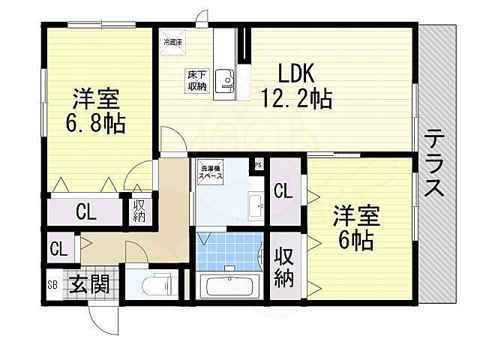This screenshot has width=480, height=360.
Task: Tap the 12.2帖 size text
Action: click(x=295, y=97)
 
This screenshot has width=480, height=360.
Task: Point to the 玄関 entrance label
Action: click(x=91, y=285)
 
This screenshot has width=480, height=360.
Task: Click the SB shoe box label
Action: click(x=52, y=285)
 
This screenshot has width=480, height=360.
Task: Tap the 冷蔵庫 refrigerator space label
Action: click(x=173, y=42)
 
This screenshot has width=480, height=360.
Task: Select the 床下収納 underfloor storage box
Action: click(x=196, y=81)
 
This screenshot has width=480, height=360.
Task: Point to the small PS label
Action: click(x=259, y=164)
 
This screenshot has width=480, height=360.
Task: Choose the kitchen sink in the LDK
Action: click(x=225, y=81)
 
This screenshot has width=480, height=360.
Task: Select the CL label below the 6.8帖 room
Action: click(x=85, y=212)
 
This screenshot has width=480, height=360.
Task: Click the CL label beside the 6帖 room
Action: click(x=283, y=191)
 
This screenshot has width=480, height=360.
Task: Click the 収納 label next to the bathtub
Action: click(x=283, y=266)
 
